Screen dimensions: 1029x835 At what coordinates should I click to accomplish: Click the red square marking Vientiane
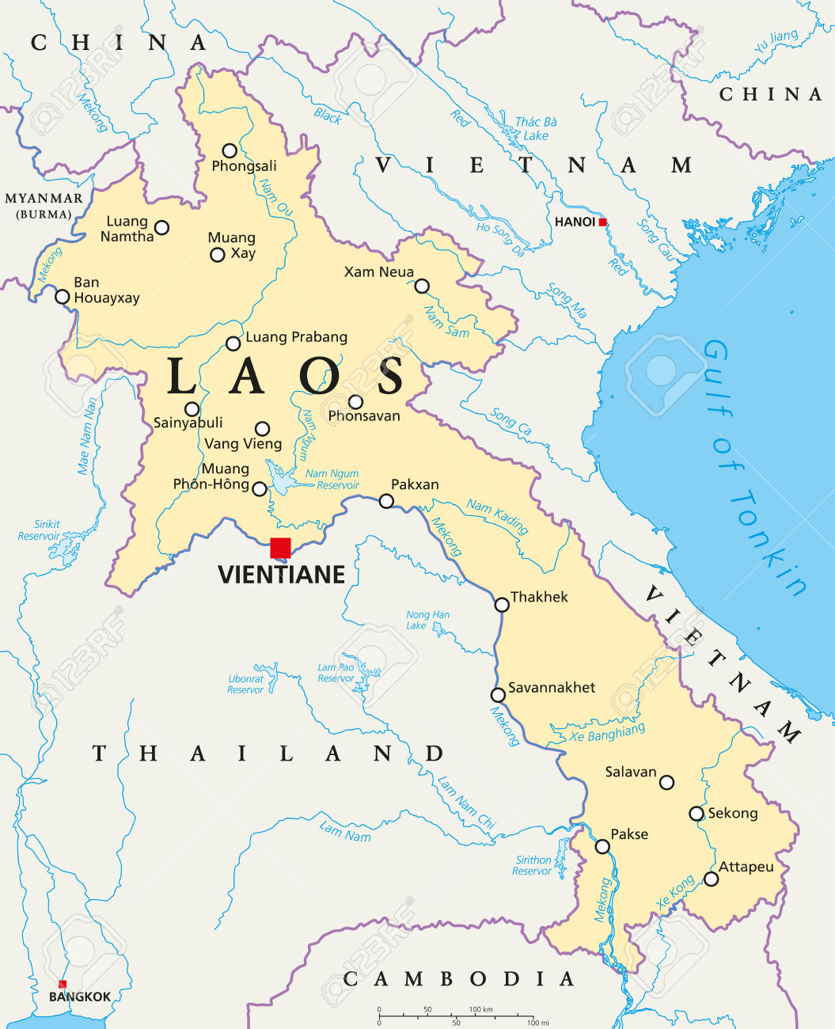tap(280, 548)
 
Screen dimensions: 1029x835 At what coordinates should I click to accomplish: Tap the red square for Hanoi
tap(603, 222)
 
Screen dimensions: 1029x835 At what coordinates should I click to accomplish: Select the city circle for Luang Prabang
tap(233, 344)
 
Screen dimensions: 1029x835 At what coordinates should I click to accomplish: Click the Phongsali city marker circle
tap(230, 150)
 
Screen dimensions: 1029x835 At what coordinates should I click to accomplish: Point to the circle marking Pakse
tap(602, 846)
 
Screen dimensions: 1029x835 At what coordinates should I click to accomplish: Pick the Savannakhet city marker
tap(498, 695)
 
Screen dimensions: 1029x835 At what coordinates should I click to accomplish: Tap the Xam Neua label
tap(378, 271)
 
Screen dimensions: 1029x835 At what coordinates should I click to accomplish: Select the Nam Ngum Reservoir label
tap(332, 480)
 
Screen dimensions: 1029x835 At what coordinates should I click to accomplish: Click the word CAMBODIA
tap(458, 979)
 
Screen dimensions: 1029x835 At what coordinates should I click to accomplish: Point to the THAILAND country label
tap(268, 753)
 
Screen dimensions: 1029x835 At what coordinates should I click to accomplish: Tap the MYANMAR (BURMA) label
tap(44, 205)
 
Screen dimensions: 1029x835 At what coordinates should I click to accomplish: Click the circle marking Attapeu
tap(712, 879)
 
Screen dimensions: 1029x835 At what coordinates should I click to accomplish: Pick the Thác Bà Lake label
tap(536, 128)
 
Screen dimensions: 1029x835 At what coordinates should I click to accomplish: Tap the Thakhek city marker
tap(502, 605)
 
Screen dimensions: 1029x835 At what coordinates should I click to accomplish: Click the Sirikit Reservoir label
tap(40, 530)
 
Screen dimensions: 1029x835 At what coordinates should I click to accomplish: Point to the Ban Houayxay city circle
tap(62, 297)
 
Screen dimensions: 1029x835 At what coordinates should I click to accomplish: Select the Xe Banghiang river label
tap(608, 733)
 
